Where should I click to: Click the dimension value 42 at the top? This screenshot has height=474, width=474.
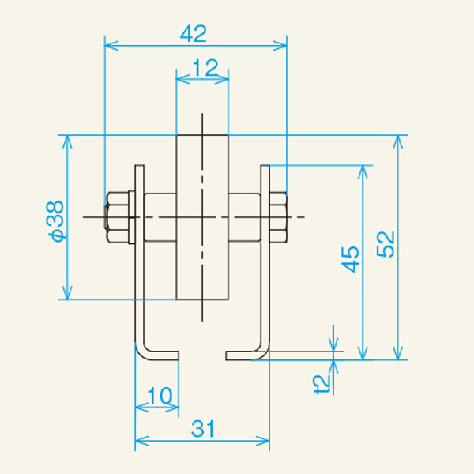tap(194, 33)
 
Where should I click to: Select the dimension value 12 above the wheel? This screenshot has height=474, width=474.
tap(204, 69)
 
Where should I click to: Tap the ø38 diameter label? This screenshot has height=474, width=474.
tap(55, 220)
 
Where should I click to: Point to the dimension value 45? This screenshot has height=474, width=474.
tap(350, 259)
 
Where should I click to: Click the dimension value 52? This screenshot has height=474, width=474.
tap(386, 244)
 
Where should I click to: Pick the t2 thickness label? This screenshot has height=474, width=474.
tap(321, 384)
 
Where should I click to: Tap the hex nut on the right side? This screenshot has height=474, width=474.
tap(278, 216)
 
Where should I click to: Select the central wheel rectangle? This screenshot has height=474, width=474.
tap(202, 218)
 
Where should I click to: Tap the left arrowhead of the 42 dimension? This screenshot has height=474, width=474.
tap(110, 45)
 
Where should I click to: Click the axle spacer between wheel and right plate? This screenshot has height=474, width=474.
tap(244, 216)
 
